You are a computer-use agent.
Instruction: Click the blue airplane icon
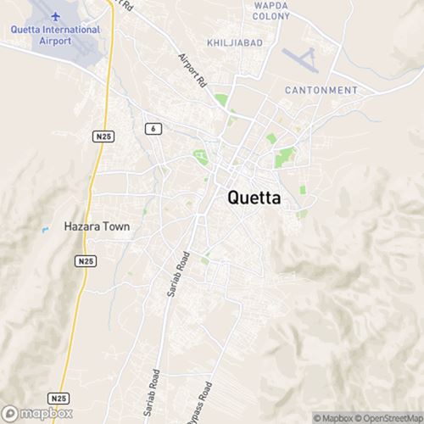click(x=55, y=16)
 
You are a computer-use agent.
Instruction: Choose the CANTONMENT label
click(x=321, y=90)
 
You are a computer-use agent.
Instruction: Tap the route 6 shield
click(x=153, y=128)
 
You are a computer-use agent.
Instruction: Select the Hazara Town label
click(x=98, y=226)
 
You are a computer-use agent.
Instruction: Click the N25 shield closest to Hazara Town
click(x=84, y=262)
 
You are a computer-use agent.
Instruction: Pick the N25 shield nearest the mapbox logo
click(x=58, y=397)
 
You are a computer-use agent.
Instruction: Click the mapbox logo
click(x=37, y=414)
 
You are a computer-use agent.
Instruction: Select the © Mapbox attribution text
click(x=333, y=417)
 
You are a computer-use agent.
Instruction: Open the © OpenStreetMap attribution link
click(x=388, y=417)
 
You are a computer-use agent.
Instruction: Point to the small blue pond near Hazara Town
click(x=44, y=229)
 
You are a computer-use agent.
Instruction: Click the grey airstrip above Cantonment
click(x=301, y=59)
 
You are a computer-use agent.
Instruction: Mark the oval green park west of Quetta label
click(x=201, y=156)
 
